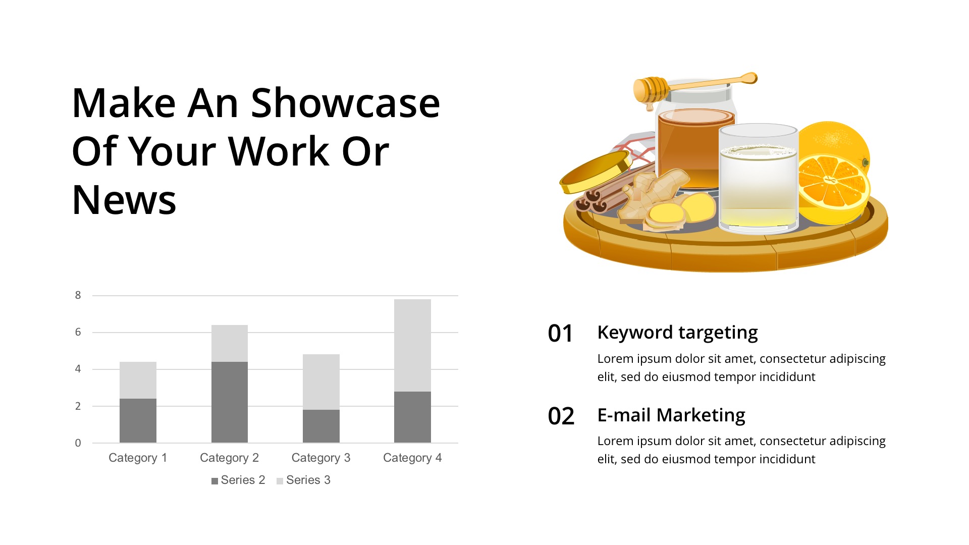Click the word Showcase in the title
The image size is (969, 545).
346,103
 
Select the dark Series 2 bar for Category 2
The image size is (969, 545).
230,402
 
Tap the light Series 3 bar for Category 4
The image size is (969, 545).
412,345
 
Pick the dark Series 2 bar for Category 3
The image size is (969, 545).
321,426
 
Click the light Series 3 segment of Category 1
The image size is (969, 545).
138,380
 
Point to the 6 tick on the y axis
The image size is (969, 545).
78,332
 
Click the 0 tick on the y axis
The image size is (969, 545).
78,443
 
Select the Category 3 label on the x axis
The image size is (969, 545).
321,458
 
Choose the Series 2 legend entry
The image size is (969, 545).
238,480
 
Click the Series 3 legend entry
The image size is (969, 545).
303,480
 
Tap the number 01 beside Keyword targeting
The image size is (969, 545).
561,334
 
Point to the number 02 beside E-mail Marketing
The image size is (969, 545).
561,416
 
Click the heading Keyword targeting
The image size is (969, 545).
677,333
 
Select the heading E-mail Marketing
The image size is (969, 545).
671,415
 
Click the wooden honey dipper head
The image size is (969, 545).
651,90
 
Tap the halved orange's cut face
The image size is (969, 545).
833,182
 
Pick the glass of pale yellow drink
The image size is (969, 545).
759,179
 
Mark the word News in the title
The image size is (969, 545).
124,200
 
